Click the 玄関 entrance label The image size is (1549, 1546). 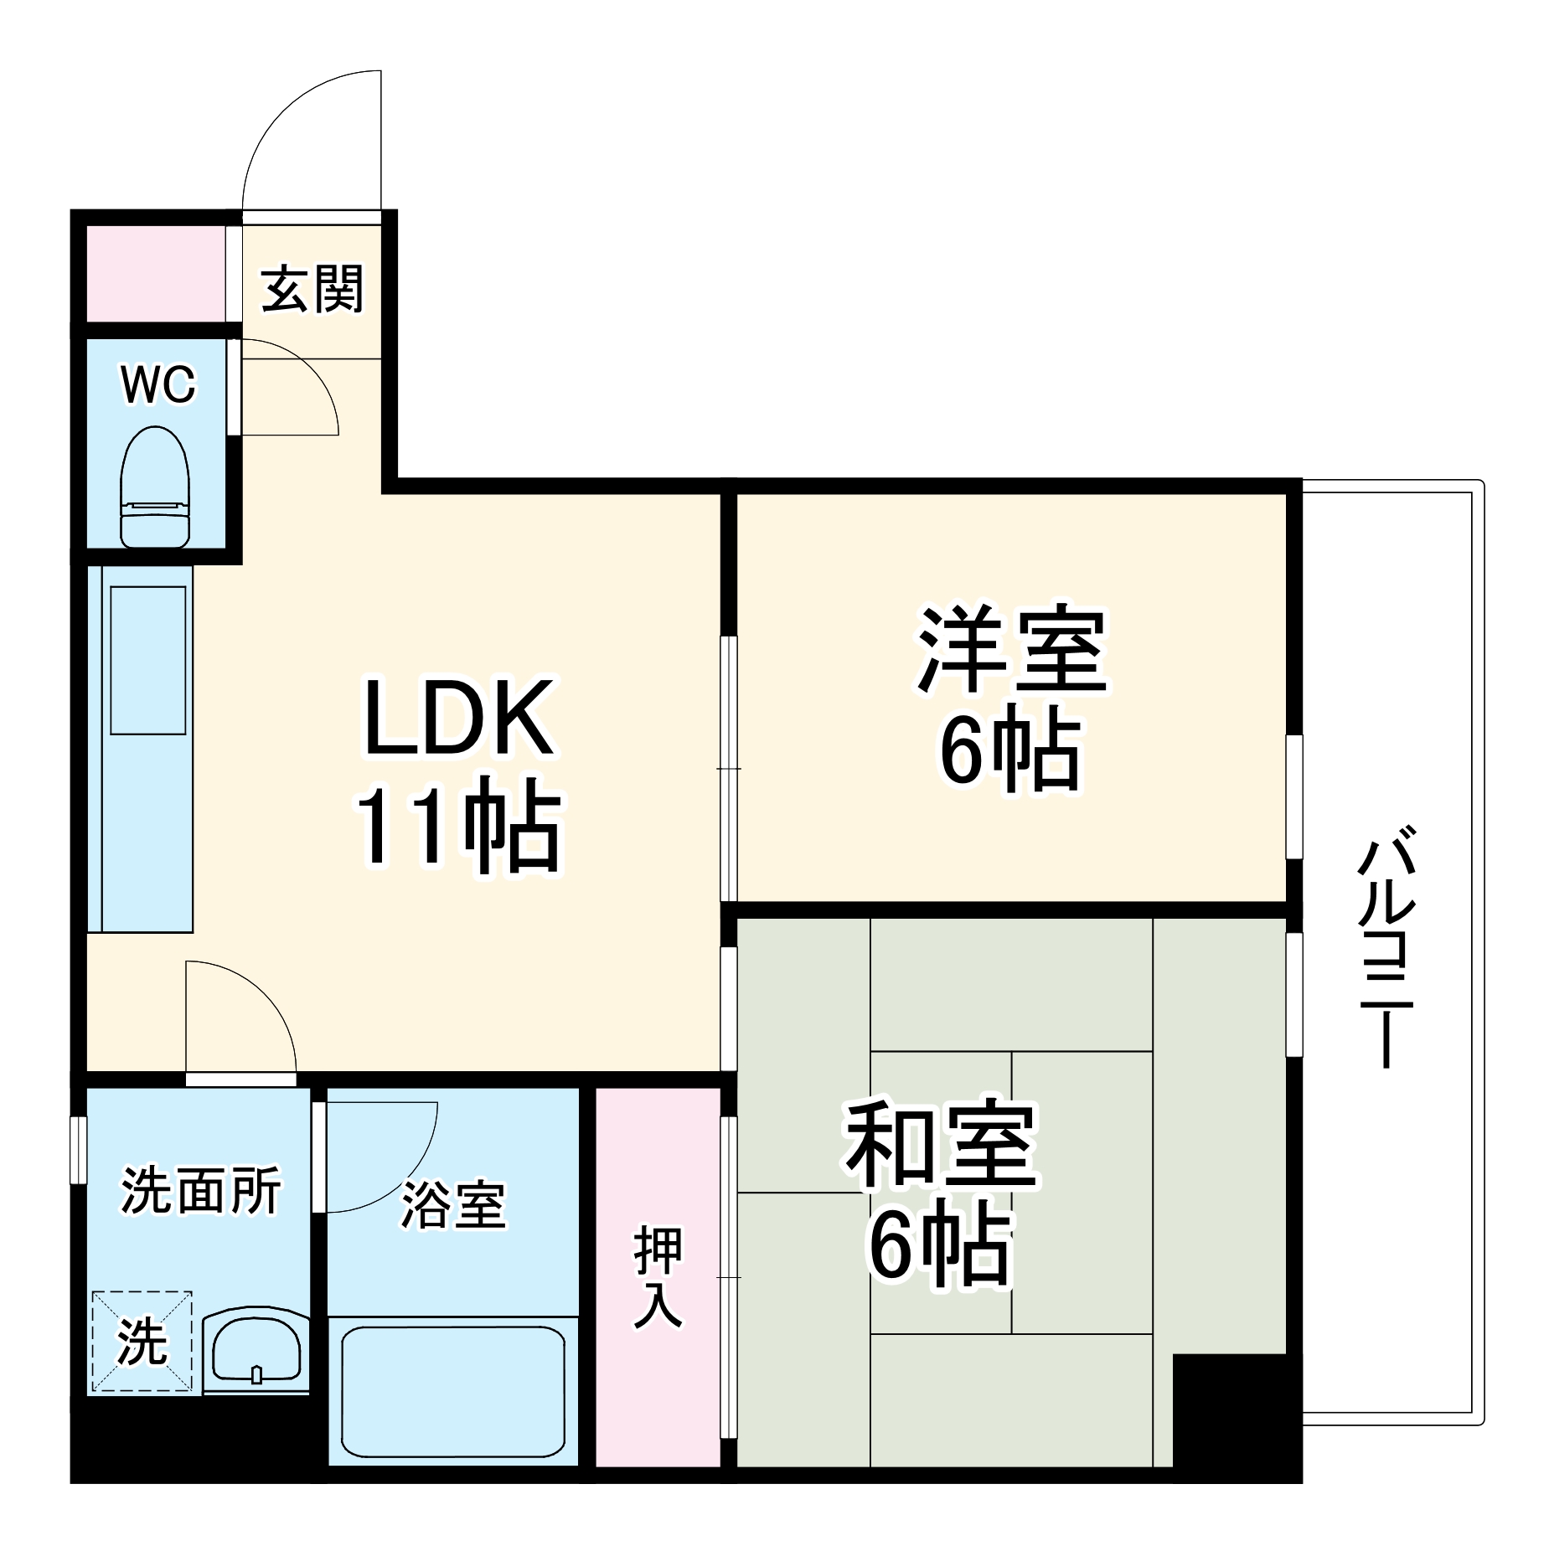(312, 289)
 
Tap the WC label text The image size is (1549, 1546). (157, 385)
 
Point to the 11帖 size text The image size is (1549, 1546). (458, 826)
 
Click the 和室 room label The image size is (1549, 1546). (942, 1145)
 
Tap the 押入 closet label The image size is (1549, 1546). (658, 1276)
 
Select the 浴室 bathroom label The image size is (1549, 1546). (453, 1205)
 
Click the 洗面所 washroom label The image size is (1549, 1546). (201, 1190)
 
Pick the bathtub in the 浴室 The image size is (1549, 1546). (452, 1391)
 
